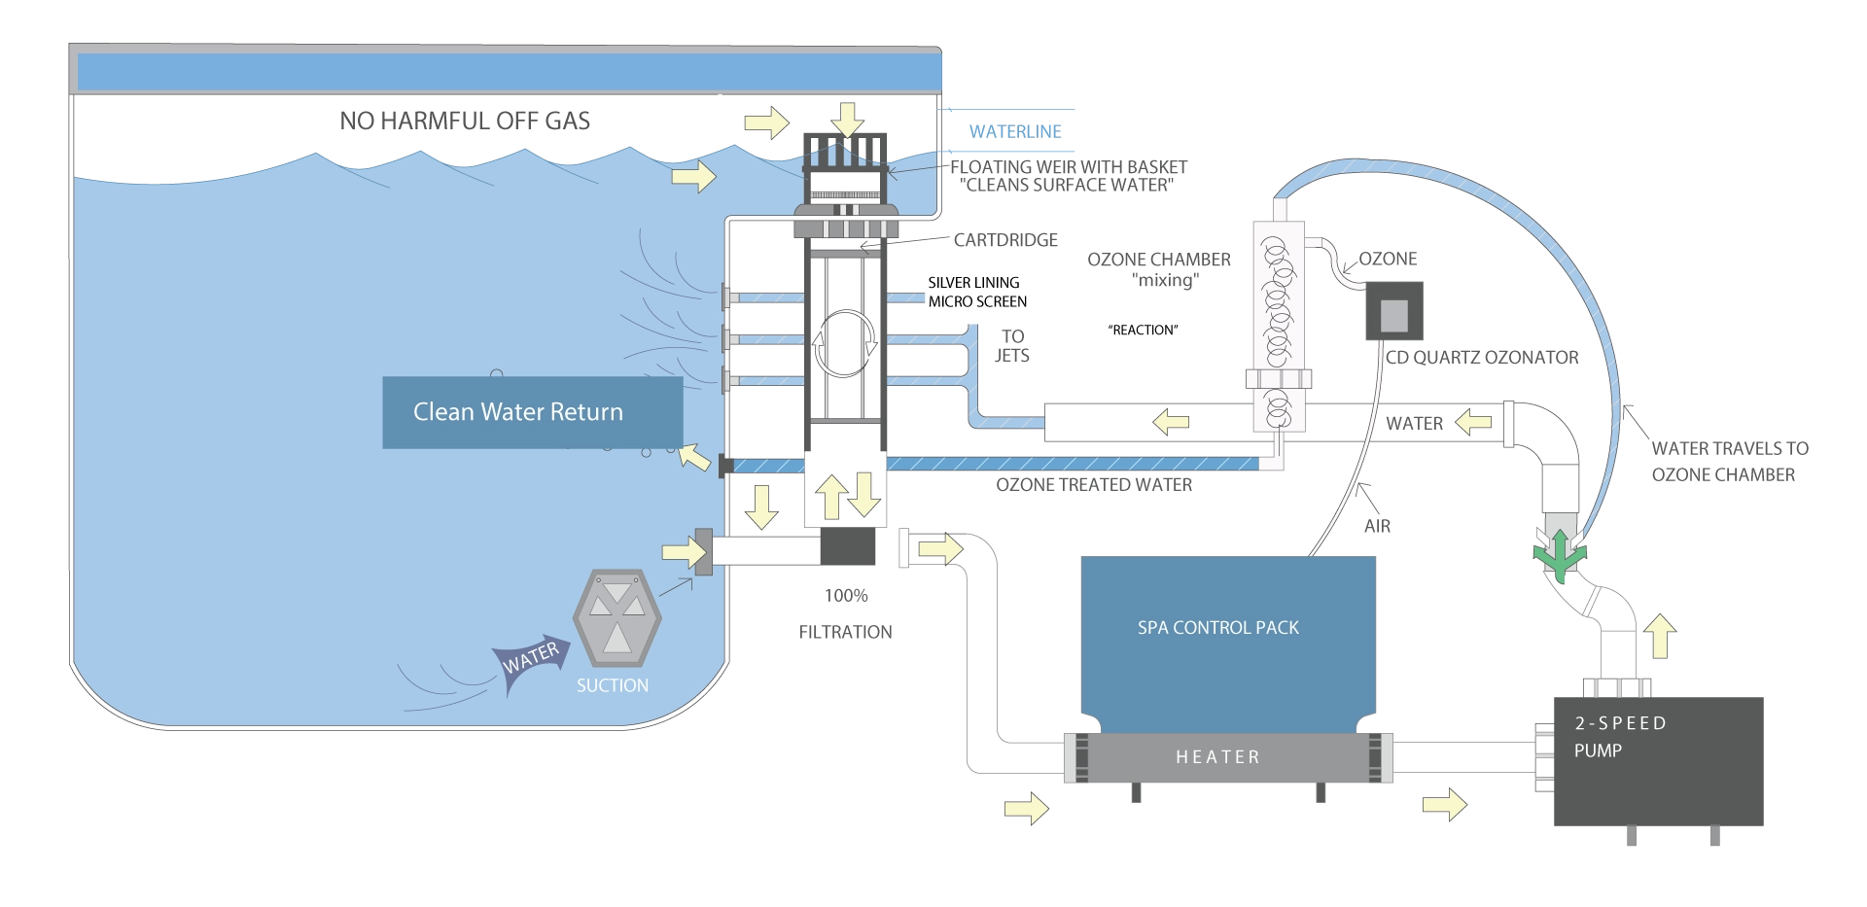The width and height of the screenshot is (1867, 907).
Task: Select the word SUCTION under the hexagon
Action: (612, 685)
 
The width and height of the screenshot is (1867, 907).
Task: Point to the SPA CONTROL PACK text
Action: (1217, 628)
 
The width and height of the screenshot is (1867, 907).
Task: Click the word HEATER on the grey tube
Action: (1217, 757)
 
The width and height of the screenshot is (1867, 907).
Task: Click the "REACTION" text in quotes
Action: (1143, 331)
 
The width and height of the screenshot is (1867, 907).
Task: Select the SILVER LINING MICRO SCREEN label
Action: (976, 293)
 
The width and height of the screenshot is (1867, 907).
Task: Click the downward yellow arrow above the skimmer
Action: (849, 120)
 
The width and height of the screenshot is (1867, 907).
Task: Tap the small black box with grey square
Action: (1393, 310)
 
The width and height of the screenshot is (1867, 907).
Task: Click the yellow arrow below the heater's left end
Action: (1027, 808)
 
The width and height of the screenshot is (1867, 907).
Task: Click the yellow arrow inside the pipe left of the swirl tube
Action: (1172, 422)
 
